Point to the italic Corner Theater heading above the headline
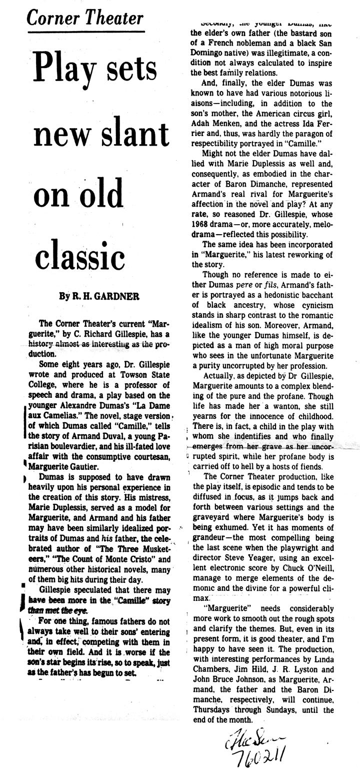pos(84,19)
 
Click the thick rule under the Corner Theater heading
pos(84,33)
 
